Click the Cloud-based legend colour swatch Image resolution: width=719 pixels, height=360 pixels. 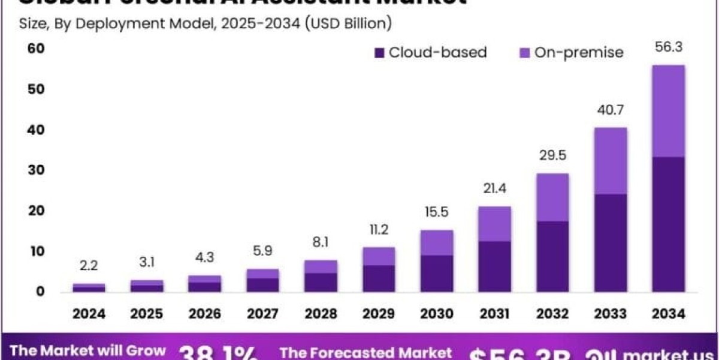(379, 53)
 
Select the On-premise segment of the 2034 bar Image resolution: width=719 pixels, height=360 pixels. (668, 111)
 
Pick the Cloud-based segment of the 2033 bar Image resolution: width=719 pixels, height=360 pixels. (610, 243)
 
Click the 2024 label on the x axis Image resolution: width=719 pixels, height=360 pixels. (89, 313)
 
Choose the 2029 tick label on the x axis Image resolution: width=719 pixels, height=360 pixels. (379, 313)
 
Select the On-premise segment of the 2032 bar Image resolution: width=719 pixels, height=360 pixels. (552, 197)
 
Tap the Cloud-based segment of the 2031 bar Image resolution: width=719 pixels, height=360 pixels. (494, 266)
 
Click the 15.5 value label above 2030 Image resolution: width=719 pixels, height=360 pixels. (437, 212)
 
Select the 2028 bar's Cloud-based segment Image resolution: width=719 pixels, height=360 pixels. (321, 282)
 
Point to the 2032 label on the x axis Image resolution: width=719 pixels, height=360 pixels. (552, 313)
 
